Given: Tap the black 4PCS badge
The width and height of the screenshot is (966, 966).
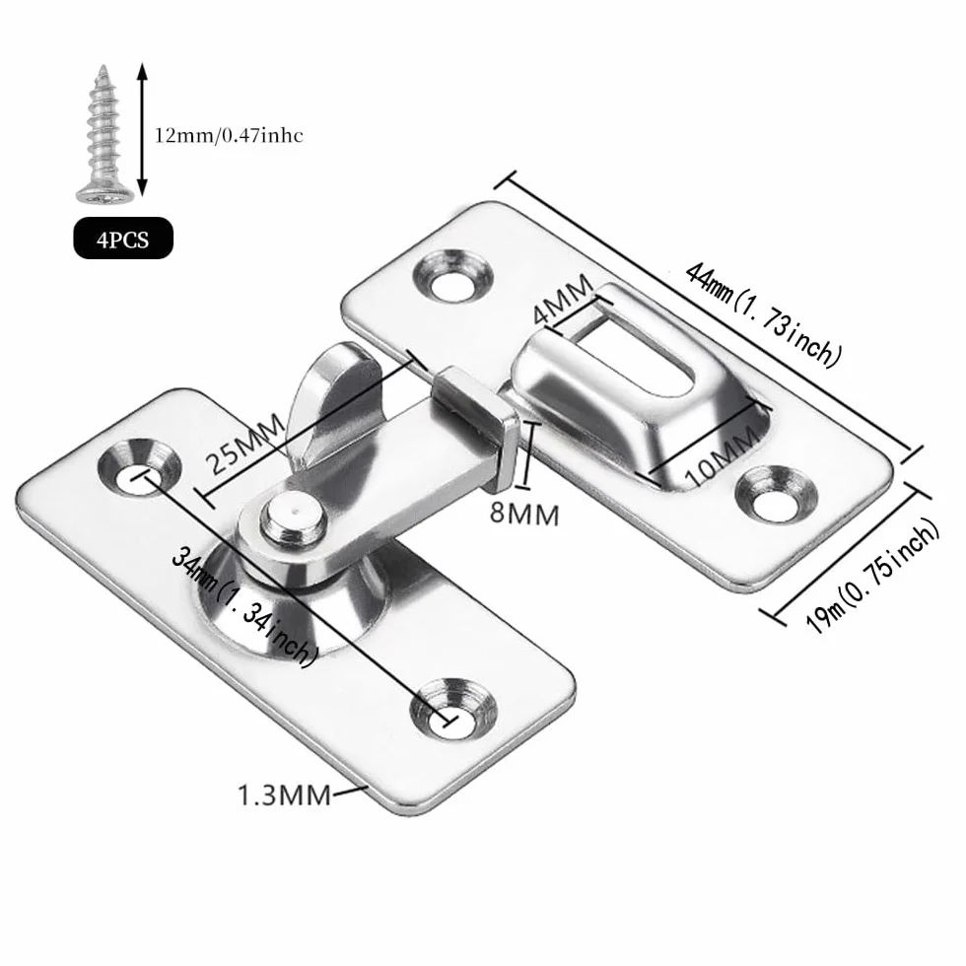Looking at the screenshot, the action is tap(123, 238).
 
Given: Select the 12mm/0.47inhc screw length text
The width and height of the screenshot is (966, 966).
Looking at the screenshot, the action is tap(229, 135).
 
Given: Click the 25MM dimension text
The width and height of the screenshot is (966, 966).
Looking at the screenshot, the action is tap(244, 443).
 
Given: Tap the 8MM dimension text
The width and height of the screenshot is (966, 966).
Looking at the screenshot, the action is tap(524, 514).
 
